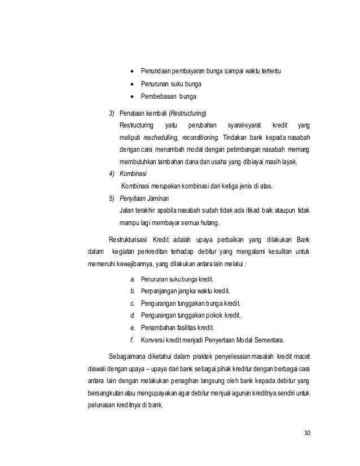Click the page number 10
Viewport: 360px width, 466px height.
coord(307,433)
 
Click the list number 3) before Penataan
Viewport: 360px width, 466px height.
coord(112,112)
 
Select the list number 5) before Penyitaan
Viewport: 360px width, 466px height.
coord(112,199)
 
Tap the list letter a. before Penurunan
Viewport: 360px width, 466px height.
coord(132,279)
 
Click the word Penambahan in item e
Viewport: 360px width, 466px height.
coord(160,328)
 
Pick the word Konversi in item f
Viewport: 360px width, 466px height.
coord(153,340)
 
